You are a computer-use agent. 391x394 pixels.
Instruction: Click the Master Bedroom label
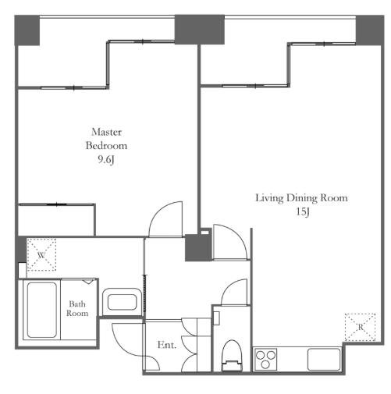(106, 139)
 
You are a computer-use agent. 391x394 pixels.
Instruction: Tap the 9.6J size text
(106, 160)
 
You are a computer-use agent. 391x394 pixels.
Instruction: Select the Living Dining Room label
(301, 198)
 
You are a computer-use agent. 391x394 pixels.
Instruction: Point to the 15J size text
(303, 212)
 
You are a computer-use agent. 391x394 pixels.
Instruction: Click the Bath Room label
(77, 308)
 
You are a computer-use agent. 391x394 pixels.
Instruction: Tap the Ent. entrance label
(167, 345)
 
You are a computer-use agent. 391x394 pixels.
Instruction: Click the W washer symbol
(41, 254)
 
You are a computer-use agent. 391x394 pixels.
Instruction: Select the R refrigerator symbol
(360, 327)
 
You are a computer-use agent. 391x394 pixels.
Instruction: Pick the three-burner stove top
(265, 359)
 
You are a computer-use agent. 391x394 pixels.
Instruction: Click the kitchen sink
(324, 360)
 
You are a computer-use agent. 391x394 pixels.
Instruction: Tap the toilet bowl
(232, 356)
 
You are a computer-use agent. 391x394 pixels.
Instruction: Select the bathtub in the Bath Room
(41, 310)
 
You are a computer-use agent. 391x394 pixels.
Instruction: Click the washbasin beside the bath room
(122, 302)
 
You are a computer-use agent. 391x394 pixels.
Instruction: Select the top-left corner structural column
(27, 30)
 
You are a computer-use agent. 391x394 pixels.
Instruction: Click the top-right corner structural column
(370, 30)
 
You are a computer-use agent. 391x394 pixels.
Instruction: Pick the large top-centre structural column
(199, 30)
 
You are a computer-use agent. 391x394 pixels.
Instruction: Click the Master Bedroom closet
(56, 221)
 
